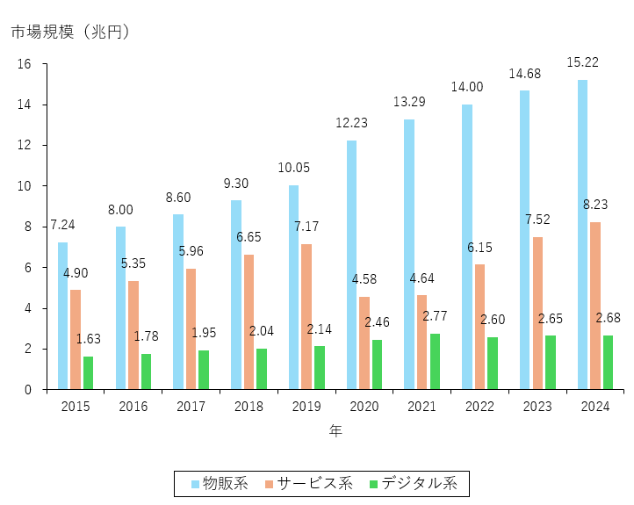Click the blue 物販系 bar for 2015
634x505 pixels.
coord(62,315)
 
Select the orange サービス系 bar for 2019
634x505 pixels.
coord(306,316)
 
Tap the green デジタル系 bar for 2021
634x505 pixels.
coord(435,361)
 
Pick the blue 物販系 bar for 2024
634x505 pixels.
coord(582,234)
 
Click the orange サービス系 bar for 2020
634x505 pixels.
coord(364,343)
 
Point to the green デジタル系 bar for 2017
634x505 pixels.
coord(204,370)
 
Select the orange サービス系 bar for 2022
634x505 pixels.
coord(479,327)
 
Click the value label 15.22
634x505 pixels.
coord(584,62)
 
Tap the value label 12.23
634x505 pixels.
coord(351,123)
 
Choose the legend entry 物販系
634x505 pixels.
coord(220,483)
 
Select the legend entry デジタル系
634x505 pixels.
coord(413,483)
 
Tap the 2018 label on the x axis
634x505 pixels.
coord(248,407)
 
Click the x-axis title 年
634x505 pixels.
coord(335,431)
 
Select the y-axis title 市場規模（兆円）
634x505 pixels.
coord(70,32)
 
